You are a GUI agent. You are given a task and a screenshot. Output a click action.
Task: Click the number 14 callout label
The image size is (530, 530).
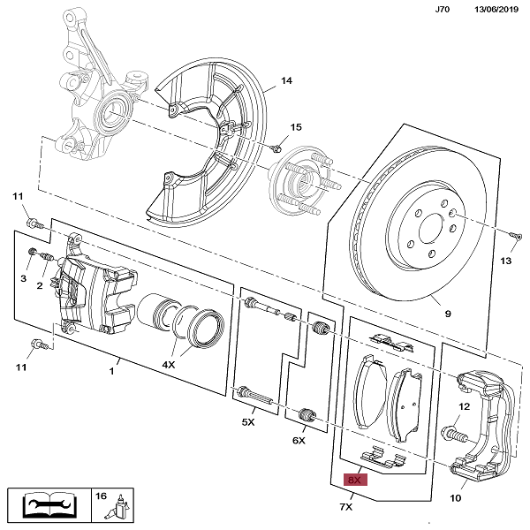pos(285,82)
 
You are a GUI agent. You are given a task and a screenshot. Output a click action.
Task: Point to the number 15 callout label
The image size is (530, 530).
pos(296,127)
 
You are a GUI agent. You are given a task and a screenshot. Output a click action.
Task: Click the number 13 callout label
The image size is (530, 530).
pos(505,261)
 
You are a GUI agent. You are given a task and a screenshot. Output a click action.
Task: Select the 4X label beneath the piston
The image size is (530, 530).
pos(169,364)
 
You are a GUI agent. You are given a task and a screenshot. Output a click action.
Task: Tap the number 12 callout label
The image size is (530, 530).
pos(463,407)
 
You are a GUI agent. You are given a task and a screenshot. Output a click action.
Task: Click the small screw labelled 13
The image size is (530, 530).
pos(513,234)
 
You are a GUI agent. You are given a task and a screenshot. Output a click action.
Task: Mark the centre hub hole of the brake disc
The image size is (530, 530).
pos(431,231)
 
